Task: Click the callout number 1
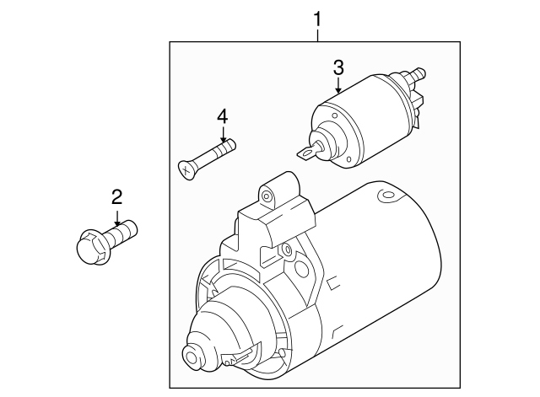pyautogui.click(x=318, y=17)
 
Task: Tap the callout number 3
pyautogui.click(x=337, y=67)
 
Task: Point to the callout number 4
pyautogui.click(x=223, y=115)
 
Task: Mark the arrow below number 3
pyautogui.click(x=337, y=85)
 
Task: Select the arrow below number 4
pyautogui.click(x=223, y=135)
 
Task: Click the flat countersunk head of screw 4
pyautogui.click(x=186, y=169)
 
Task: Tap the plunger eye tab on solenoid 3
pyautogui.click(x=309, y=153)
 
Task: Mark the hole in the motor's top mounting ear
pyautogui.click(x=267, y=196)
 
